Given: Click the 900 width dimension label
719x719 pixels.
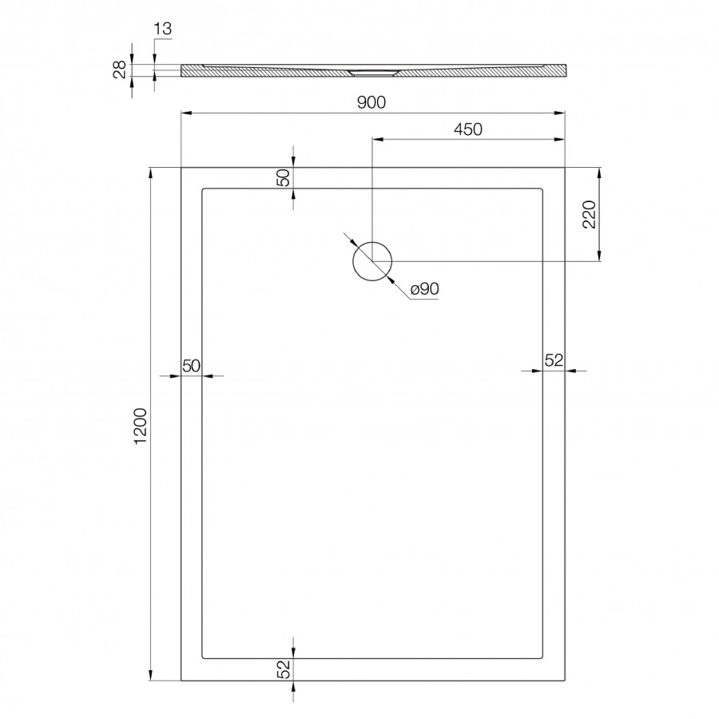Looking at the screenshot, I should (373, 102).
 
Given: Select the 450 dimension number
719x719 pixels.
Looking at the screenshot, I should (468, 129).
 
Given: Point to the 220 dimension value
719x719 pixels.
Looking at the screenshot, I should (590, 215).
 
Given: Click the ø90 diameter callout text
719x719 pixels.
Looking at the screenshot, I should (425, 290).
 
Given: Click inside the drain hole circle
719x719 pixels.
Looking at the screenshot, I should (372, 261).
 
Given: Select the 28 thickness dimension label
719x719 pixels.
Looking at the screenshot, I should (119, 71).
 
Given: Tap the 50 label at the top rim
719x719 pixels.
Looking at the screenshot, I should (283, 178).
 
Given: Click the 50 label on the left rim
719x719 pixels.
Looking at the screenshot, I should (191, 366).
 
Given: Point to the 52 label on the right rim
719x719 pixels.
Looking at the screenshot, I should (554, 360).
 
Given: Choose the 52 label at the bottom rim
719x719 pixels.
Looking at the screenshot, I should (283, 669).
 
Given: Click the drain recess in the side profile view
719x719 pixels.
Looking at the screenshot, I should (373, 73).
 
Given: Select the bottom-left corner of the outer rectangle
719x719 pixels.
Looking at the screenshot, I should (182, 680).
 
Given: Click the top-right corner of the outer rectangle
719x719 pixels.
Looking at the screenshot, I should (565, 168).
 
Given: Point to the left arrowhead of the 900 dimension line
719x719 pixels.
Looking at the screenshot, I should (186, 113).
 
